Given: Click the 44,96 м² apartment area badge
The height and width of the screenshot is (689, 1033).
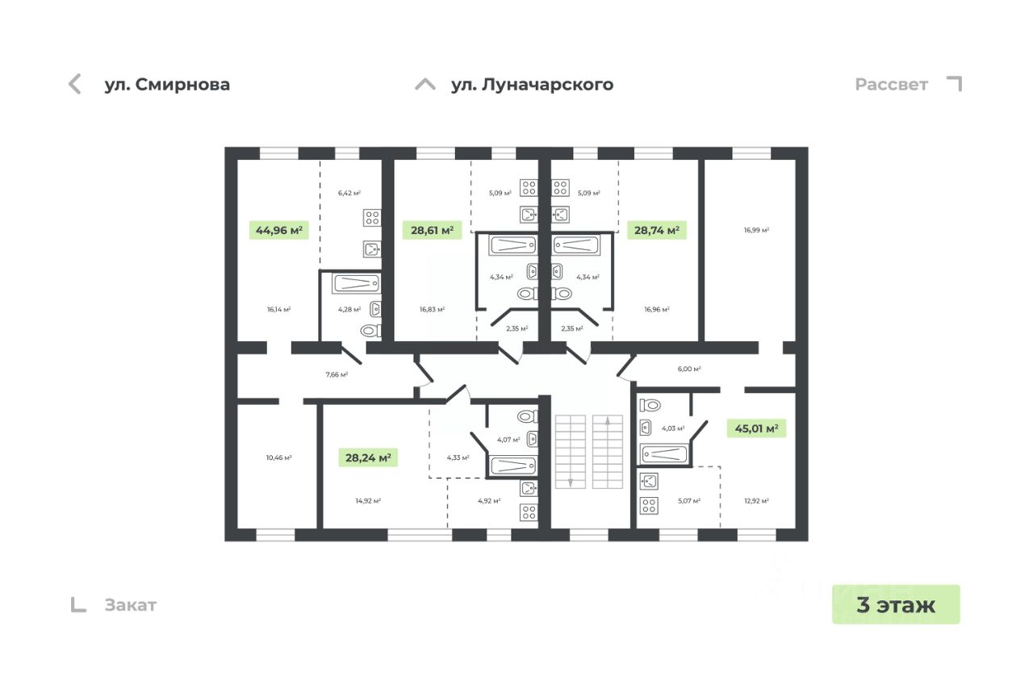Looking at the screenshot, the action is tap(279, 231).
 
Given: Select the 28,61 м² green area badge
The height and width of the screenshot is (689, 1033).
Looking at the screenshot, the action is tap(432, 231).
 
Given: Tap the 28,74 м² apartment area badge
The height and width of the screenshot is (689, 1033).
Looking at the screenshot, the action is tap(657, 231).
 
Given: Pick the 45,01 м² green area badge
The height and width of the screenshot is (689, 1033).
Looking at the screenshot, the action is tap(755, 428).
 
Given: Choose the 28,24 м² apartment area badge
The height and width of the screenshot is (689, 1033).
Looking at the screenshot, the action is tap(368, 458).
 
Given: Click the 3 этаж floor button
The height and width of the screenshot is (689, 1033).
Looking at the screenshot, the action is tap(896, 604).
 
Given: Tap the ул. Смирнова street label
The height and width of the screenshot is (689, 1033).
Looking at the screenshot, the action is tap(167, 85).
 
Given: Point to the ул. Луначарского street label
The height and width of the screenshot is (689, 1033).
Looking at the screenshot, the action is tap(532, 85).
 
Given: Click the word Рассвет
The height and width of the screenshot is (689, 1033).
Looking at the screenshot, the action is tap(891, 85).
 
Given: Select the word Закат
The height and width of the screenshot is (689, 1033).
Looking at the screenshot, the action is tap(130, 605).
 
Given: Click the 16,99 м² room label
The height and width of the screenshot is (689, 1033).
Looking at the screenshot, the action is tap(756, 230).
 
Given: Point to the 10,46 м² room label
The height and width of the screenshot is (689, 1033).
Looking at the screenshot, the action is tap(278, 457).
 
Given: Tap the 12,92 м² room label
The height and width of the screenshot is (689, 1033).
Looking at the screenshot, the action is tap(756, 501).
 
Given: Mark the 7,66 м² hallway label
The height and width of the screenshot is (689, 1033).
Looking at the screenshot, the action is tap(337, 374).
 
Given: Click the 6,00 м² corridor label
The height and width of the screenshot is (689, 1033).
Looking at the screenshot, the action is tap(688, 369).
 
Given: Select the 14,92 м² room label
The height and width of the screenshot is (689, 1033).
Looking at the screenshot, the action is tap(368, 501).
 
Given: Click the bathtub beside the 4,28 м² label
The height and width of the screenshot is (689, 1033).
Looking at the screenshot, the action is tap(356, 284).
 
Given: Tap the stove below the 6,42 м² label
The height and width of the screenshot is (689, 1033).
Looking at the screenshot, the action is tap(372, 217).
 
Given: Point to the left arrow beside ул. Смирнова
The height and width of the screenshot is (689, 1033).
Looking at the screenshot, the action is tap(75, 84).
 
